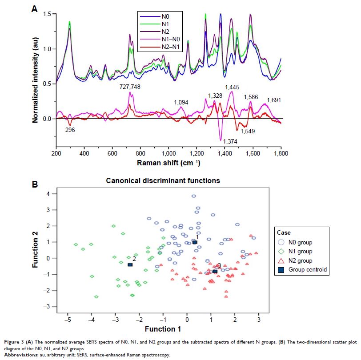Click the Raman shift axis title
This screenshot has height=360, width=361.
(x=168, y=163)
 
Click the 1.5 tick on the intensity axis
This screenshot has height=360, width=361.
(x=47, y=15)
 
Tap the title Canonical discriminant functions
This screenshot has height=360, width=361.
(x=163, y=181)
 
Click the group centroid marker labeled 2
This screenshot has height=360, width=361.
(x=130, y=265)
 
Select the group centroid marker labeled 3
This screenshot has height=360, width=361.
(x=215, y=271)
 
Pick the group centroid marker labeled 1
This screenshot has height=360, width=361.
(x=195, y=242)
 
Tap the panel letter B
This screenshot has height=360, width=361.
(x=34, y=184)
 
